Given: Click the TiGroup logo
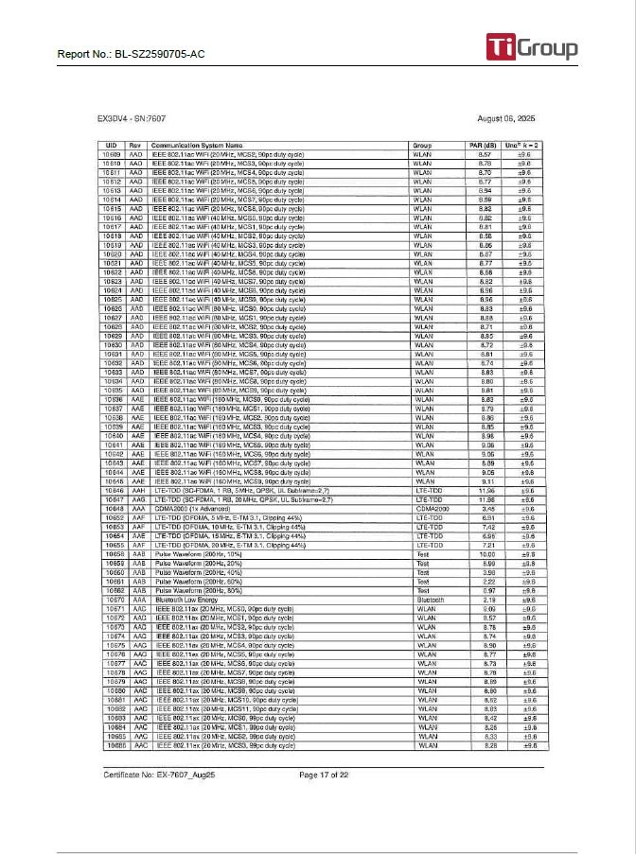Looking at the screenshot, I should tap(531, 47).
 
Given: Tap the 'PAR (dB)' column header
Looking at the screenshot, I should tap(483, 145).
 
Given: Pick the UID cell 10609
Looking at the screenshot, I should tap(111, 153).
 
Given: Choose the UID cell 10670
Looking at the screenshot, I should tap(111, 601).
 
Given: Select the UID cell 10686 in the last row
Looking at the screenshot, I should tap(111, 746).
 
